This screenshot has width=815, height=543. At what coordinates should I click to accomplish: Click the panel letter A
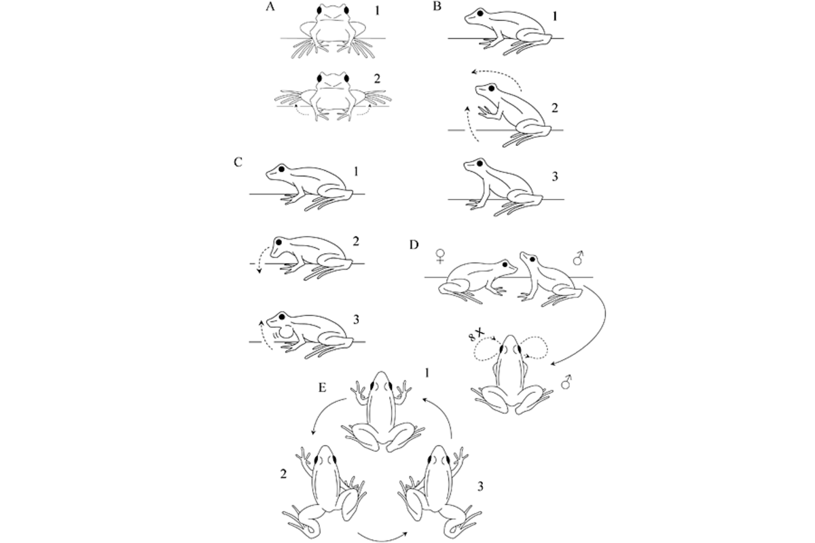tap(270, 7)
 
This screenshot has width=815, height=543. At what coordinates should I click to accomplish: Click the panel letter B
tap(437, 7)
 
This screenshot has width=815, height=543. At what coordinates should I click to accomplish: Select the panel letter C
tap(238, 162)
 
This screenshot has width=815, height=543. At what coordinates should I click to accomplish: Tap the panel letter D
tap(414, 245)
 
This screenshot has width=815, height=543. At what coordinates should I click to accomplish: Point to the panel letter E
tap(323, 388)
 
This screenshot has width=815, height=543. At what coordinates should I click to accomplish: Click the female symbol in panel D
tap(441, 256)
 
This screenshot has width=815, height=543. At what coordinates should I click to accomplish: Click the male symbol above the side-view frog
tap(578, 257)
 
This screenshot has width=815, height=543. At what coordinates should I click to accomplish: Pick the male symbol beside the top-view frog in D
tap(566, 382)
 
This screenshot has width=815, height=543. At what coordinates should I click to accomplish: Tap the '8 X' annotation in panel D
tap(477, 334)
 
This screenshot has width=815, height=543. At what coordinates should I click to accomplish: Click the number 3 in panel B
tap(554, 177)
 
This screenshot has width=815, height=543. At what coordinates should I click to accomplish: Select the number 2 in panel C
tap(355, 242)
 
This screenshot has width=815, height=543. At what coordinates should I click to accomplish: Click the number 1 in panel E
tap(427, 373)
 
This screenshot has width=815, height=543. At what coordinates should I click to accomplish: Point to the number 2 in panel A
tap(377, 79)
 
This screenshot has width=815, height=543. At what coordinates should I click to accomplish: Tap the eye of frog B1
tap(480, 14)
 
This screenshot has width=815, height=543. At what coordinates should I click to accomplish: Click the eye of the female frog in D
tap(505, 265)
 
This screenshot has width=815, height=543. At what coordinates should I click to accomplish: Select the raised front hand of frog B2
tap(486, 113)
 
